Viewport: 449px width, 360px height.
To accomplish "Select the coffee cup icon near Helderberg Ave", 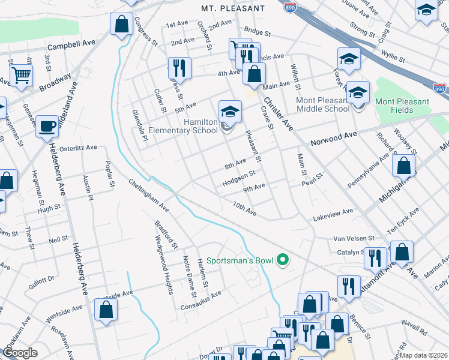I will pyautogui.click(x=47, y=127).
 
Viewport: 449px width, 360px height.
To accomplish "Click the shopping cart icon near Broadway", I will pyautogui.click(x=21, y=76).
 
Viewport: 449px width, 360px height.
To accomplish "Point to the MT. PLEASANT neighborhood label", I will pyautogui.click(x=233, y=8).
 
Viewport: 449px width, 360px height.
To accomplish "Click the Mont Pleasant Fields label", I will pyautogui.click(x=402, y=106).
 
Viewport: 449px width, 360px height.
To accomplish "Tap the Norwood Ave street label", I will pyautogui.click(x=334, y=140).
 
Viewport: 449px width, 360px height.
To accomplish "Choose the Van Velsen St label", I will pyautogui.click(x=354, y=238).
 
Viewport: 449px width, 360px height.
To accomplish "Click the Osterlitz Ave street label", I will pyautogui.click(x=77, y=148).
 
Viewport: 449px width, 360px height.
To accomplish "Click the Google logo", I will pyautogui.click(x=20, y=353).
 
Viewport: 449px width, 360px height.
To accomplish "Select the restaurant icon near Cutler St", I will pyautogui.click(x=178, y=67).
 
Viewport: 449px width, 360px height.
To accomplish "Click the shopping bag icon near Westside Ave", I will pyautogui.click(x=106, y=309).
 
